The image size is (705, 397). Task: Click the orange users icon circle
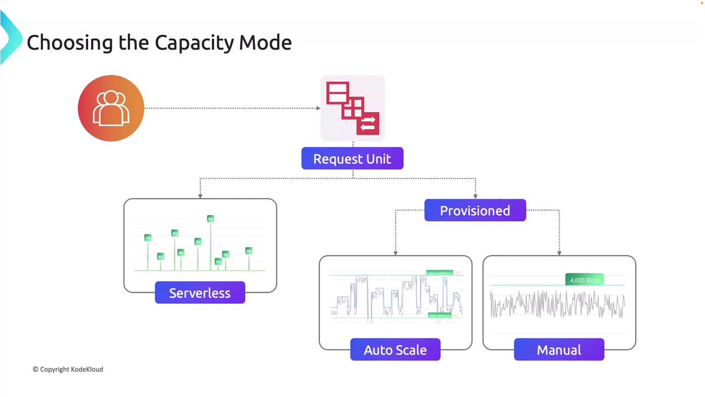pos(111,108)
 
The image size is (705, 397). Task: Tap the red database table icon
pos(352,108)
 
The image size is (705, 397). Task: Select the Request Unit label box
pos(352,159)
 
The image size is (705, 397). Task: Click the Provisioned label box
pos(475,211)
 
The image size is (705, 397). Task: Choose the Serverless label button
pos(200,293)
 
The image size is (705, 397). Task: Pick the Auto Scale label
pos(395,350)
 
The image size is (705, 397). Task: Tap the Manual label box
pos(558,350)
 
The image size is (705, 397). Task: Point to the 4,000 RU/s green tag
pos(584,280)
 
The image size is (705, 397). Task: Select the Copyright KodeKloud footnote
pos(68,369)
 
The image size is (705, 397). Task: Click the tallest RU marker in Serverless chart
pos(210,219)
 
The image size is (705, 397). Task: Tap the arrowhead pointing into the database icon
pos(318,108)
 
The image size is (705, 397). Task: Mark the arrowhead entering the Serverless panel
pos(200,195)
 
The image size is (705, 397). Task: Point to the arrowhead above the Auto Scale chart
pos(395,253)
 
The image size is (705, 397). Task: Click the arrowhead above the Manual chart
pos(559,253)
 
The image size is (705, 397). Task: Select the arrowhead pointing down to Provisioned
pos(475,196)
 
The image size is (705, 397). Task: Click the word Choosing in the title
pos(69,42)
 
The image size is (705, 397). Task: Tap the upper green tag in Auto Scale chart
pos(440,273)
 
